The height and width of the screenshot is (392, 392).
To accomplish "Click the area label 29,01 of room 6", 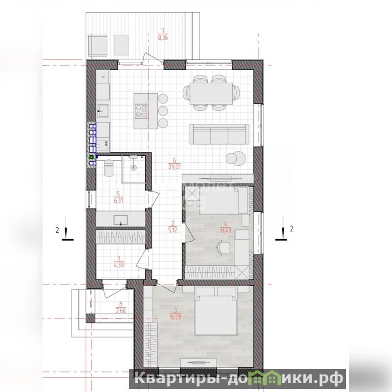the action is [174, 167].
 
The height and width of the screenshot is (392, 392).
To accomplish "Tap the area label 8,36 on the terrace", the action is [163, 38].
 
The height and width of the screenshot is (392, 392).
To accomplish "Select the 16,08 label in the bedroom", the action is [175, 317].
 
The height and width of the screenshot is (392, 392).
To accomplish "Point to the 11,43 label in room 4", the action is [225, 230].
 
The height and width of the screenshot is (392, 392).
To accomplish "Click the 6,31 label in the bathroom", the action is [119, 200].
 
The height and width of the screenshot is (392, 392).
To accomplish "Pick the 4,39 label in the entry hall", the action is [119, 265].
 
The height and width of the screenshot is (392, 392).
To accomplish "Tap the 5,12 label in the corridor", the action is [173, 230].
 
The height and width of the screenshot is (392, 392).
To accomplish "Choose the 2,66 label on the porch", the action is [121, 311].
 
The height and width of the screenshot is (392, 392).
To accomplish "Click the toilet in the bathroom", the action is [108, 168].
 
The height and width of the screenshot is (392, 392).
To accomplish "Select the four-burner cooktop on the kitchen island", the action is [141, 111].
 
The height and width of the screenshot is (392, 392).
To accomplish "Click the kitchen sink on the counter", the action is [103, 111].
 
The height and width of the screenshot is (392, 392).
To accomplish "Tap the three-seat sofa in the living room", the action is [219, 134].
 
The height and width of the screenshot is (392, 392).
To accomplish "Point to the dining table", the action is [211, 93].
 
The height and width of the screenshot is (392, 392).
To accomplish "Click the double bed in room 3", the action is [216, 311].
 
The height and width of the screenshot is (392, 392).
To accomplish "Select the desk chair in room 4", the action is [223, 247].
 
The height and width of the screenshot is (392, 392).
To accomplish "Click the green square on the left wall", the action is [92, 157].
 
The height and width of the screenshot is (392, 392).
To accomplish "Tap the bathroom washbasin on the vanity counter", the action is [121, 220].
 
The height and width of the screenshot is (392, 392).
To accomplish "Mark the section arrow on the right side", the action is [283, 229].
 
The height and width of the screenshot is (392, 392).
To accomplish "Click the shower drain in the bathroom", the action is [134, 168].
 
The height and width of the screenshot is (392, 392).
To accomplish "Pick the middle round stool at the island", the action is [163, 111].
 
